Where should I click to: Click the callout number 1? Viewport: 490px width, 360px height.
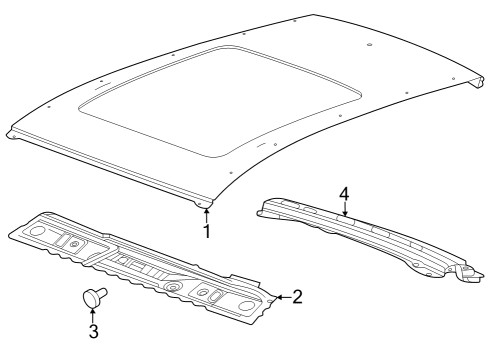tap(208, 232)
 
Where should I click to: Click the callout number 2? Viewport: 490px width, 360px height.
tap(297, 295)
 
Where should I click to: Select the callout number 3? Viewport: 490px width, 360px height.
tap(93, 330)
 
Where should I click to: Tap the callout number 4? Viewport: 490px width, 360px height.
tap(343, 192)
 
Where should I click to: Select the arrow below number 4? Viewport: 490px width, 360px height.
tap(344, 208)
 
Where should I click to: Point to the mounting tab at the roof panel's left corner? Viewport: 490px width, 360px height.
tap(12, 134)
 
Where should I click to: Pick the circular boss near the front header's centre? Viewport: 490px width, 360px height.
tap(173, 287)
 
